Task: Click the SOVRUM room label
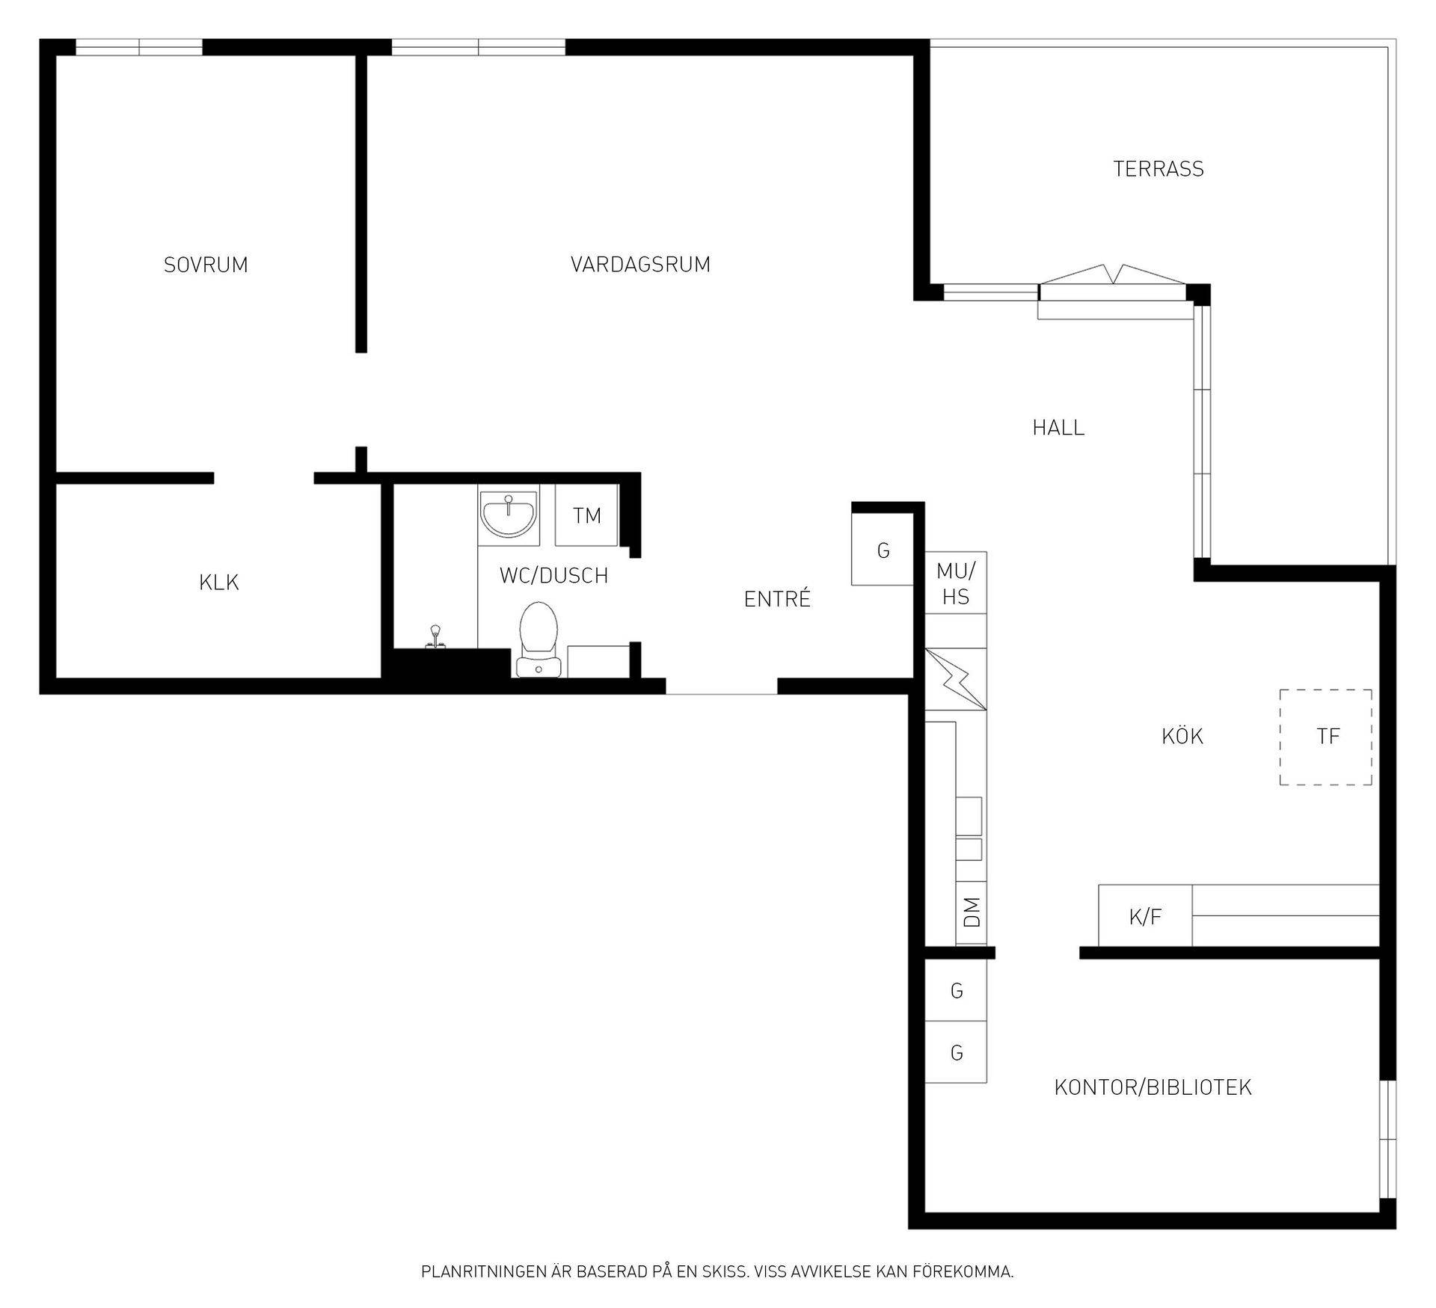point(206,265)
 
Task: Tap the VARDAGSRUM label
point(640,265)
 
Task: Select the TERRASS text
point(1159,169)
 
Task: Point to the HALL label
point(1058,428)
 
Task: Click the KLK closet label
point(219,583)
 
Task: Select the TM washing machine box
point(587,515)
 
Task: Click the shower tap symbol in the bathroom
point(433,637)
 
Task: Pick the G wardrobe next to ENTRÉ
point(883,550)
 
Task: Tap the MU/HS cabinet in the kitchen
point(956,583)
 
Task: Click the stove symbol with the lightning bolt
point(956,679)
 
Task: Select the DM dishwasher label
point(972,912)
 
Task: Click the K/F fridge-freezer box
point(1145,915)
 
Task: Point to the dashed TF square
point(1326,737)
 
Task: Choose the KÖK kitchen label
point(1182,737)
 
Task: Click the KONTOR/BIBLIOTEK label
point(1153,1087)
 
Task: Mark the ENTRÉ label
point(777,598)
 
